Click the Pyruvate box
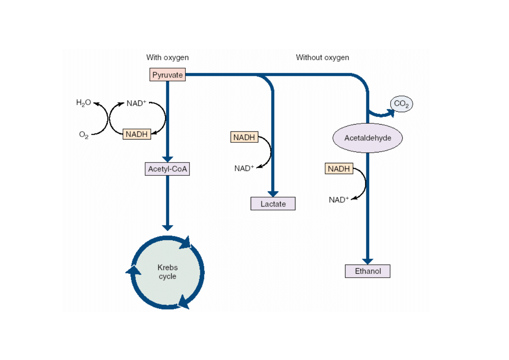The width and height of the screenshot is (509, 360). [x=167, y=75]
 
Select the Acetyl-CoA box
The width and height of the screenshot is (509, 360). [x=167, y=169]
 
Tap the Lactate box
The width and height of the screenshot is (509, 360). [x=273, y=204]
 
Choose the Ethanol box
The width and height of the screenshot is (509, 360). [x=368, y=271]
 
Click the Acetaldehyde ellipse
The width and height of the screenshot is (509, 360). [x=368, y=138]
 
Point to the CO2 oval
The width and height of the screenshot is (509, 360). [x=401, y=104]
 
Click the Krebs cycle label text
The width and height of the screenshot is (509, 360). [x=167, y=272]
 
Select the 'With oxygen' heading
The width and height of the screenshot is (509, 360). [x=167, y=58]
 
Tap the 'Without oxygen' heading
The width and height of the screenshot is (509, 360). [x=322, y=58]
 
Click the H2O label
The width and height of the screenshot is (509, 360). [x=83, y=103]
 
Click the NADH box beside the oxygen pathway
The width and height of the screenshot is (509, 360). [x=137, y=134]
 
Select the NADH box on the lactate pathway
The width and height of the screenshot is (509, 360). [x=244, y=137]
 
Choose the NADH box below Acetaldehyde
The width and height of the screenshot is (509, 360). [x=339, y=169]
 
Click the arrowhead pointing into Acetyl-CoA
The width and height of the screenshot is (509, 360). [x=167, y=159]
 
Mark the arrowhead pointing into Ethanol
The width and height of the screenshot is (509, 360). [x=368, y=262]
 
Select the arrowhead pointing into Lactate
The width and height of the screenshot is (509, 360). [x=273, y=194]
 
